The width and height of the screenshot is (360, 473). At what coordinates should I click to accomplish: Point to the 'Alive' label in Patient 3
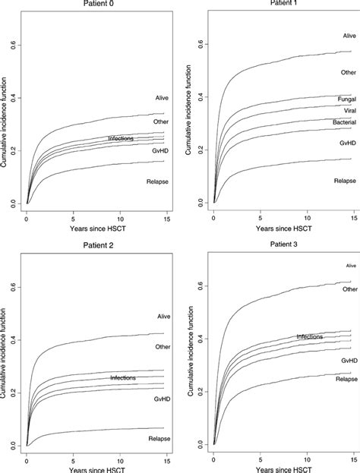(x=350, y=266)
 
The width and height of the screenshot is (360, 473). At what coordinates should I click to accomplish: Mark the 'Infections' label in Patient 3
(x=311, y=336)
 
